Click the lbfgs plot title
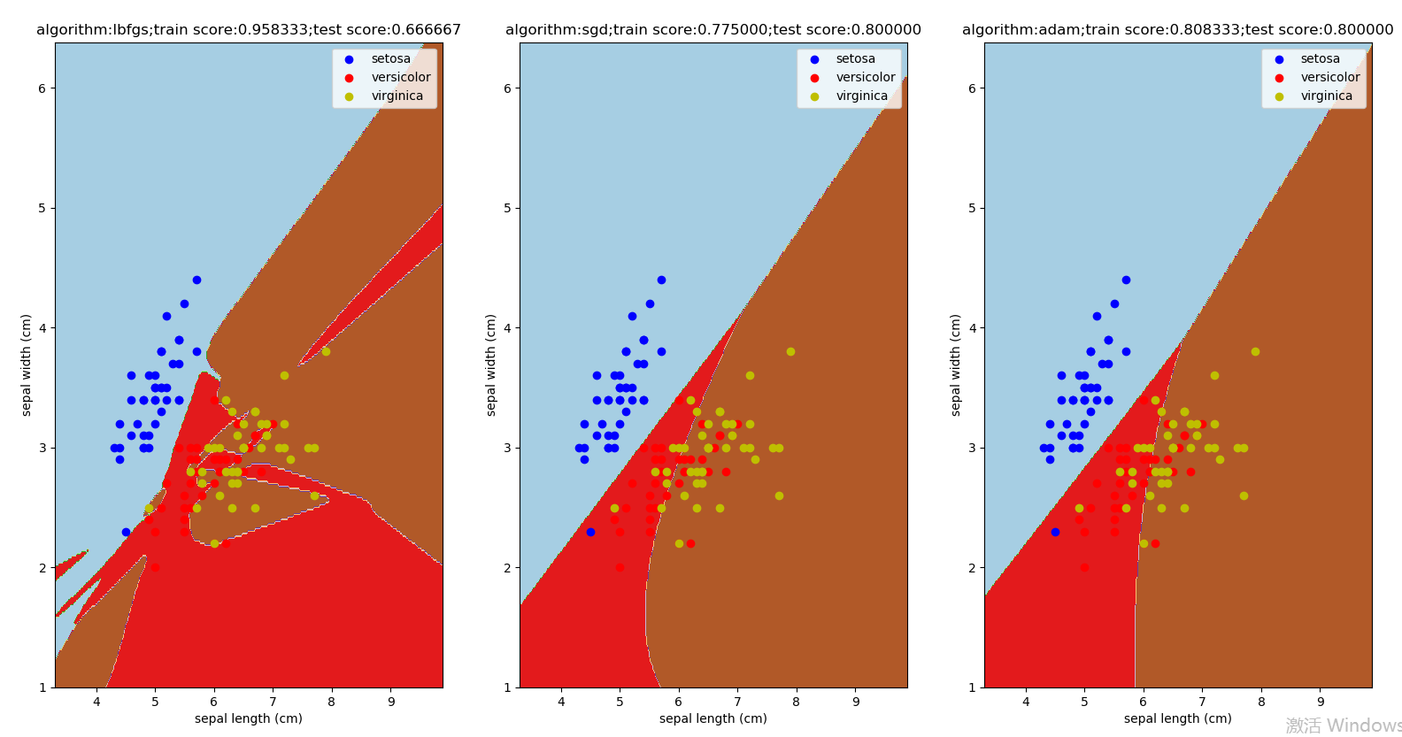[249, 30]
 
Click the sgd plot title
[713, 30]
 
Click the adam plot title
[1178, 30]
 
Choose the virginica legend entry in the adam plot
[1326, 96]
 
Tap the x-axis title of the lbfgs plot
[249, 718]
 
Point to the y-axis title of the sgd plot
[491, 365]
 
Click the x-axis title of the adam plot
[1178, 718]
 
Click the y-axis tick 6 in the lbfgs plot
[42, 88]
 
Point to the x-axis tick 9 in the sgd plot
[856, 702]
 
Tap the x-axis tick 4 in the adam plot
[1026, 702]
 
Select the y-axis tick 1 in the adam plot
[972, 687]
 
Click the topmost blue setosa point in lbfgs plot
[196, 280]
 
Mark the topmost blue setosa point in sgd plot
[661, 280]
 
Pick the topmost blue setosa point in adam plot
[1126, 280]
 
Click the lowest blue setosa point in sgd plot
[590, 532]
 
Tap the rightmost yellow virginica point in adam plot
[1255, 351]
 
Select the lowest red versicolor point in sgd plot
[620, 568]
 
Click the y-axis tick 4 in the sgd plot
[506, 328]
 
